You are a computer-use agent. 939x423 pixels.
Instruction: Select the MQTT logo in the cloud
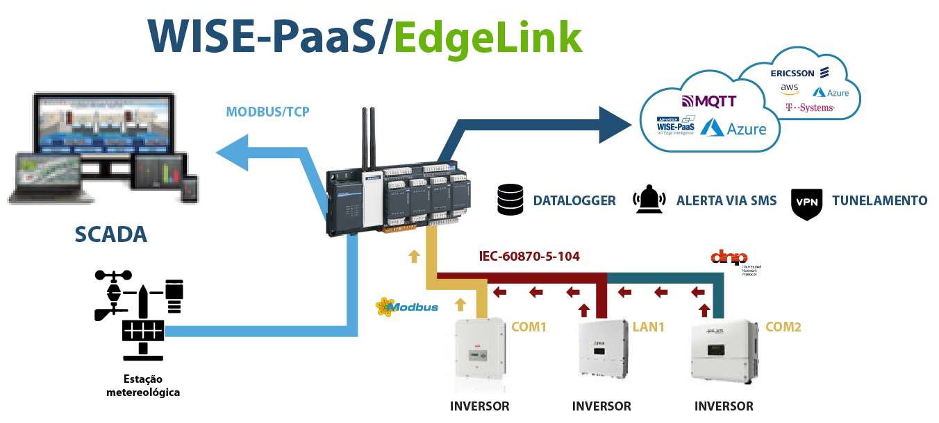[x=708, y=101]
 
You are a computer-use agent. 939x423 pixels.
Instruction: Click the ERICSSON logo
[x=800, y=73]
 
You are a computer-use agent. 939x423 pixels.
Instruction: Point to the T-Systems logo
[x=810, y=108]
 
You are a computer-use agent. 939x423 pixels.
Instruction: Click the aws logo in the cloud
[x=790, y=89]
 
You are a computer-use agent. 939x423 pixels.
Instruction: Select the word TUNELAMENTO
[x=879, y=200]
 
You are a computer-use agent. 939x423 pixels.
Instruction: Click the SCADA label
[x=111, y=234]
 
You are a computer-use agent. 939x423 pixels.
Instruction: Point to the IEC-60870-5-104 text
[x=529, y=257]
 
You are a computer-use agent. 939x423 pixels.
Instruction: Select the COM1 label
[x=529, y=326]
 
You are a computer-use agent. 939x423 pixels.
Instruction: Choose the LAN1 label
[x=648, y=326]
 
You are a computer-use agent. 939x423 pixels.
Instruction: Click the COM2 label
[x=783, y=326]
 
